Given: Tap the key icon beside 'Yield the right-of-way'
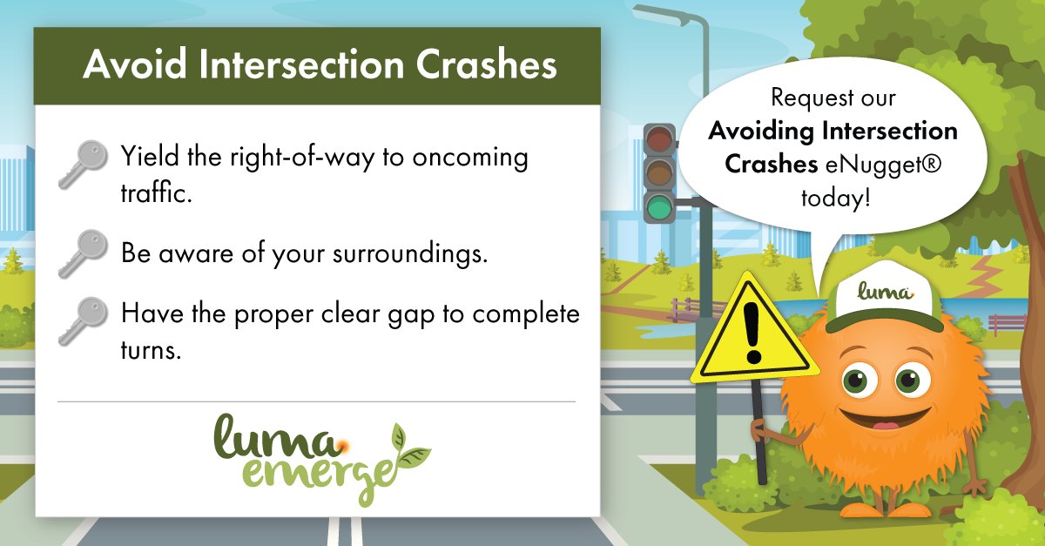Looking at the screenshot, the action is (x=83, y=165).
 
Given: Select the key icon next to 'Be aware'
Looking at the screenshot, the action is (x=83, y=253).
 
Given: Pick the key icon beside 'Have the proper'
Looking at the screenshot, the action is (x=83, y=321).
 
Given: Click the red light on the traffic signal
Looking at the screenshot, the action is (x=659, y=139).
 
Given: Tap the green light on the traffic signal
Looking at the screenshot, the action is (x=659, y=206).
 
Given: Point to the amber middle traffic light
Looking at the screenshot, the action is (x=659, y=173).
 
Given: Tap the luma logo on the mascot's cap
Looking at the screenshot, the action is (x=886, y=291).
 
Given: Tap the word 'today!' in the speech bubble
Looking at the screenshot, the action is (x=835, y=199).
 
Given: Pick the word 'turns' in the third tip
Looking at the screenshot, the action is (x=151, y=349).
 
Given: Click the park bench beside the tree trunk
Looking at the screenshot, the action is (x=1007, y=323).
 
